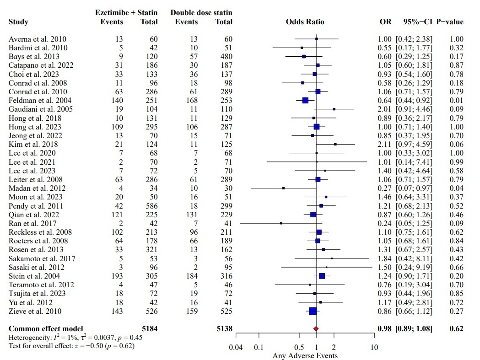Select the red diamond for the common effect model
[x=316, y=328]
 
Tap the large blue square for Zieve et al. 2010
[x=313, y=311]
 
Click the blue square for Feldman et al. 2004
[x=305, y=101]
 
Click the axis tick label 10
[x=374, y=347]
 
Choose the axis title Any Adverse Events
[x=305, y=355]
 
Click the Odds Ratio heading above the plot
[x=305, y=22]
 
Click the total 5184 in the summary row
[x=148, y=328]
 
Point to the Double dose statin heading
[x=201, y=13]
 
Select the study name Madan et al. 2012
[x=37, y=188]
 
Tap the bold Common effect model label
[x=46, y=328]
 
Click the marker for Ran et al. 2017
[x=281, y=223]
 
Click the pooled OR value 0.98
[x=385, y=328]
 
